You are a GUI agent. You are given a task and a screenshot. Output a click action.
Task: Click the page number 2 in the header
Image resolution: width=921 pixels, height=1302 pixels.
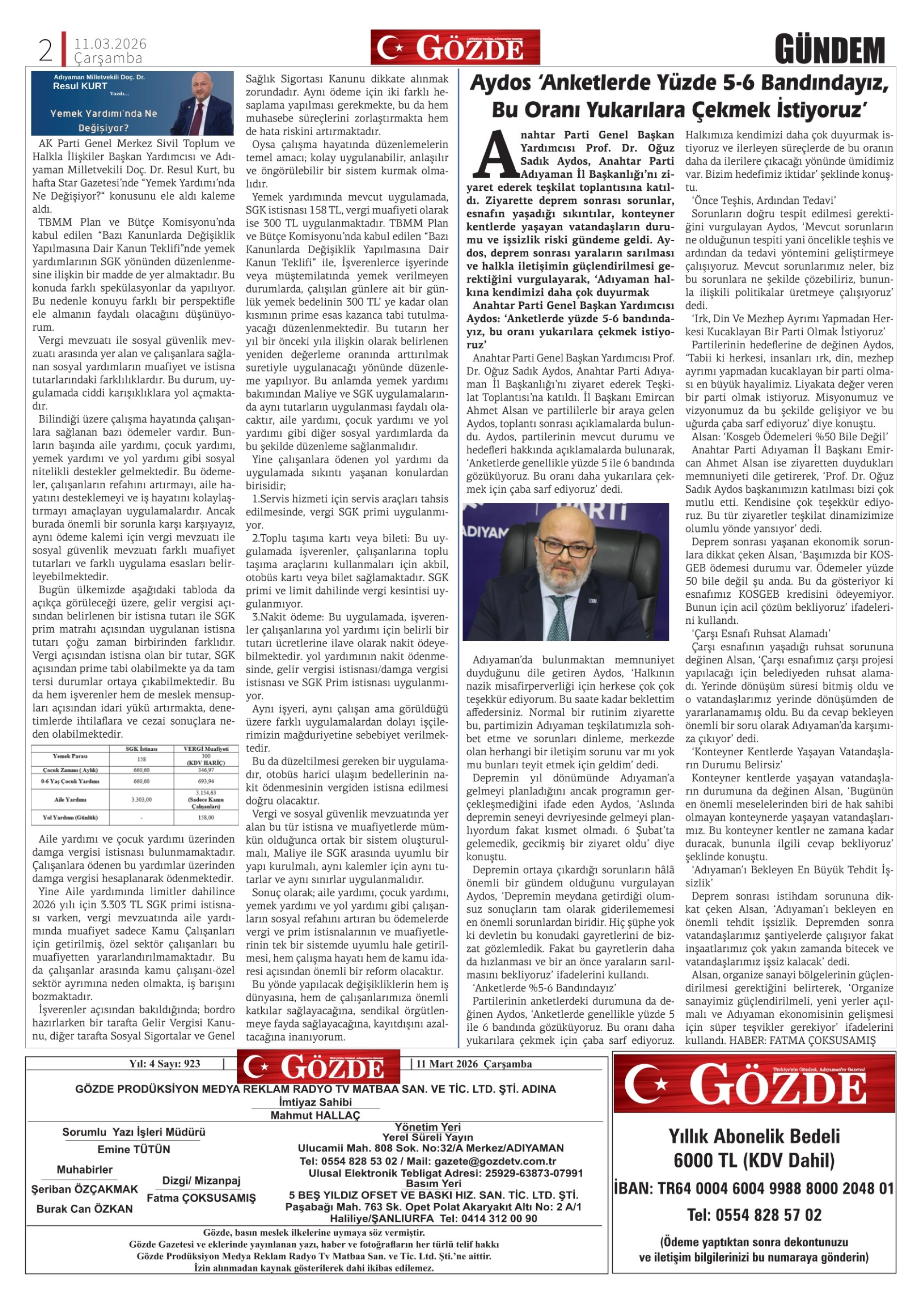click(46, 51)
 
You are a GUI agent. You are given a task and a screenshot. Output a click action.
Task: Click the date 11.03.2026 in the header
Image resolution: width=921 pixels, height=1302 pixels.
click(110, 44)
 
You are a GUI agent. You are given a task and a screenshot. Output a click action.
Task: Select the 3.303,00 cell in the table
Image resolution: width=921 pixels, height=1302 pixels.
click(141, 800)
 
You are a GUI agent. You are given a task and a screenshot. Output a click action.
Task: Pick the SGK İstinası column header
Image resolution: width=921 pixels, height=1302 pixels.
click(141, 748)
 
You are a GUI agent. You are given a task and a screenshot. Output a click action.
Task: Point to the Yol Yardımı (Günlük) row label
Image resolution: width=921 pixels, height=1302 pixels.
click(70, 818)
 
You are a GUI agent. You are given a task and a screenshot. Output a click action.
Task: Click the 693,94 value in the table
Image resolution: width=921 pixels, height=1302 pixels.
click(206, 781)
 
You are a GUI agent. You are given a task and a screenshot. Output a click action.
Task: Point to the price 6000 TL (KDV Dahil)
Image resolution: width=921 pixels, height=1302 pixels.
click(754, 1160)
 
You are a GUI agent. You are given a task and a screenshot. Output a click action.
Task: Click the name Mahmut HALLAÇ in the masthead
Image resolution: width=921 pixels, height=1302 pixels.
click(315, 1116)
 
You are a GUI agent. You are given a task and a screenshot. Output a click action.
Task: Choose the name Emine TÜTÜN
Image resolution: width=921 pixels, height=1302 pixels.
click(134, 1149)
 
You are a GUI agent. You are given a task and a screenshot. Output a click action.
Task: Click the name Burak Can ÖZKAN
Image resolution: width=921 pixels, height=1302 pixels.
click(84, 1209)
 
